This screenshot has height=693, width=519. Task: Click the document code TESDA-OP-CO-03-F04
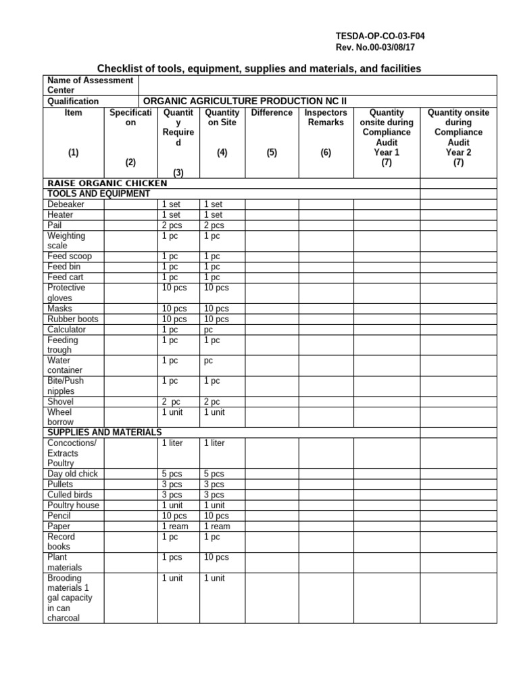point(380,36)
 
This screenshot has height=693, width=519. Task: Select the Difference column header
point(272,113)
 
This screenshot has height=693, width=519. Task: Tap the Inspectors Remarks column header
point(326,118)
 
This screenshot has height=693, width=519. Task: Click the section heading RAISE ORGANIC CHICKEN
point(107,183)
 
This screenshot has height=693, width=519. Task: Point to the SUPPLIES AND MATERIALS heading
point(104,432)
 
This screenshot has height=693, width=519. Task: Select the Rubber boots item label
point(72,319)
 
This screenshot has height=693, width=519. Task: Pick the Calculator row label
point(67,330)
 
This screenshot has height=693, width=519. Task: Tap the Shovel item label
point(60,402)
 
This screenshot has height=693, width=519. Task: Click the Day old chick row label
point(72,474)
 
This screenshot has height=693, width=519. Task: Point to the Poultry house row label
point(73,506)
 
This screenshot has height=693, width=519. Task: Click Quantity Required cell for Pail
point(173,225)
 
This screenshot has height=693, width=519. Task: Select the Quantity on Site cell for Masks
point(216,309)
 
